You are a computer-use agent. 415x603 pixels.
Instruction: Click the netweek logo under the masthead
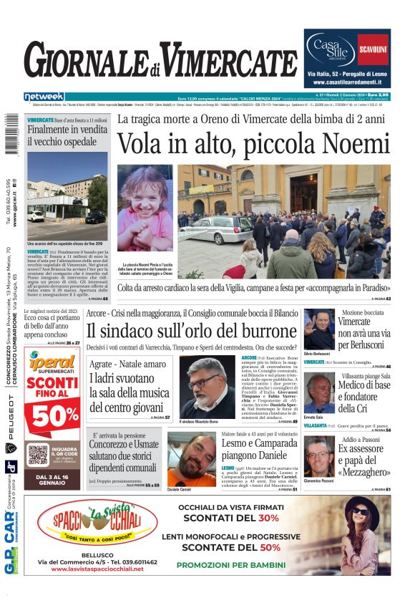(x=44, y=96)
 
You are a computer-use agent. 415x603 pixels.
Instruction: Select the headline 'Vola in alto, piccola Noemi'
(x=254, y=144)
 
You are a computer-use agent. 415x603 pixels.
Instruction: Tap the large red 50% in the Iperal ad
(x=54, y=416)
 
